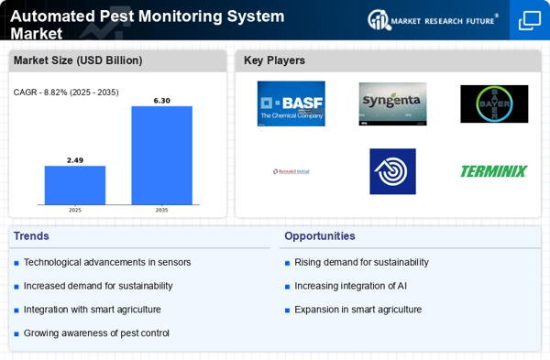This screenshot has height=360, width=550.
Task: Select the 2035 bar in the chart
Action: [x=161, y=155]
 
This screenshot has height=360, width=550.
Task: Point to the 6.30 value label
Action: [x=161, y=101]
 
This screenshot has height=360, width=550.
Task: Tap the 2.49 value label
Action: [x=75, y=160]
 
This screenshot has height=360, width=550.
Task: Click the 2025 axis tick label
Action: [x=75, y=210]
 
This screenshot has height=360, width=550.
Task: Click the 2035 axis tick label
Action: [x=161, y=210]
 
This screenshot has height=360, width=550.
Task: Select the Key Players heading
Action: [x=274, y=60]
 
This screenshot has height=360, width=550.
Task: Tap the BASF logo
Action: [x=291, y=104]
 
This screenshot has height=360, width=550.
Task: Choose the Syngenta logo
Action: [x=391, y=104]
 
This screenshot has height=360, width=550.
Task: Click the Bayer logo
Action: [x=493, y=104]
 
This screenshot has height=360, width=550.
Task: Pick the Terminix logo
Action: [x=493, y=171]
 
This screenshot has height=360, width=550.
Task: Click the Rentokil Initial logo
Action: [x=291, y=171]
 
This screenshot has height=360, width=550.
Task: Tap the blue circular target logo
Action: [x=392, y=171]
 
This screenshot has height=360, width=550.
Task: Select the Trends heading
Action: [x=32, y=236]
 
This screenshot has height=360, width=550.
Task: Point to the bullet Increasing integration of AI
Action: [x=352, y=286]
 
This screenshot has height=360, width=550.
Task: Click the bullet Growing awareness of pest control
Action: [x=96, y=333]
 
